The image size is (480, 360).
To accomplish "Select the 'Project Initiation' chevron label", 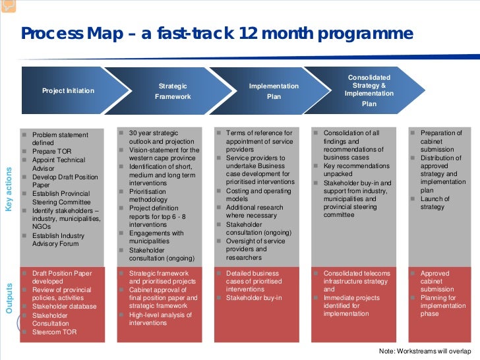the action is point(68,91).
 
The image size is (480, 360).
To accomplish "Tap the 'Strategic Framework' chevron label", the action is point(173,91).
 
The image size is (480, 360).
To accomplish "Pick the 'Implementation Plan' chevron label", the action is point(274,91).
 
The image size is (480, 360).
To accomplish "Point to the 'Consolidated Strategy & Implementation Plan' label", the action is point(369,90).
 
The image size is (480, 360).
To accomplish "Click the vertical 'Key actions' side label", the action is point(9,189).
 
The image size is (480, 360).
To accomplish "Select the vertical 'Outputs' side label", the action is point(9,298).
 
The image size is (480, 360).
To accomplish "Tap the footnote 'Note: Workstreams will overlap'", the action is point(428,351).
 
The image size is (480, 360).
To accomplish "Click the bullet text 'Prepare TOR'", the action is point(51,151).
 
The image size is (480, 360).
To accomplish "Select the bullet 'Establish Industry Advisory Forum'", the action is point(59,239).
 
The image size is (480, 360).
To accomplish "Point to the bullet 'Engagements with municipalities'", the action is point(156,237).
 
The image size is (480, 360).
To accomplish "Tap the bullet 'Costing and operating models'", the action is point(258,195).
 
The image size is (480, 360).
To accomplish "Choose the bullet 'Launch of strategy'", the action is point(435,203).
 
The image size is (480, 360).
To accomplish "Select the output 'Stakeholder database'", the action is point(63,307).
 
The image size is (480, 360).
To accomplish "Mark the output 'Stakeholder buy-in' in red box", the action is point(254,298).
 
